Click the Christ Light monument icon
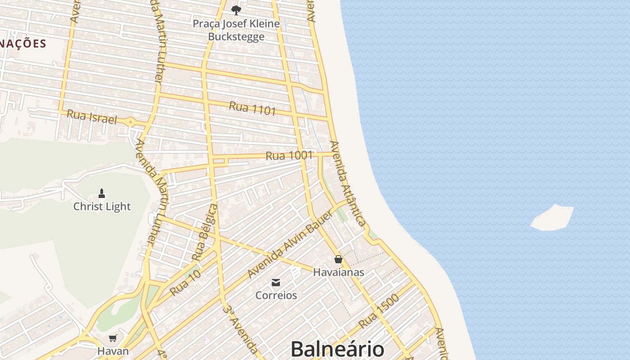click(102, 194)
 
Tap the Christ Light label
click(102, 207)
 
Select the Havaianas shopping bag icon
click(338, 259)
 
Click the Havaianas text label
click(338, 272)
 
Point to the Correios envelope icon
click(276, 283)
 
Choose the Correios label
click(276, 295)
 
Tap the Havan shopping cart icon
click(112, 338)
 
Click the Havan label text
click(113, 351)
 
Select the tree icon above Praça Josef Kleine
click(236, 10)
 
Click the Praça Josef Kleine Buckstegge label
click(236, 30)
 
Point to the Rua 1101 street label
click(252, 108)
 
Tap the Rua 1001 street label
click(289, 156)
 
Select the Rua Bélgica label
click(205, 233)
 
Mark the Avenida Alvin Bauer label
click(290, 244)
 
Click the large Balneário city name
click(337, 349)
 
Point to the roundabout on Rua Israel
click(130, 121)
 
